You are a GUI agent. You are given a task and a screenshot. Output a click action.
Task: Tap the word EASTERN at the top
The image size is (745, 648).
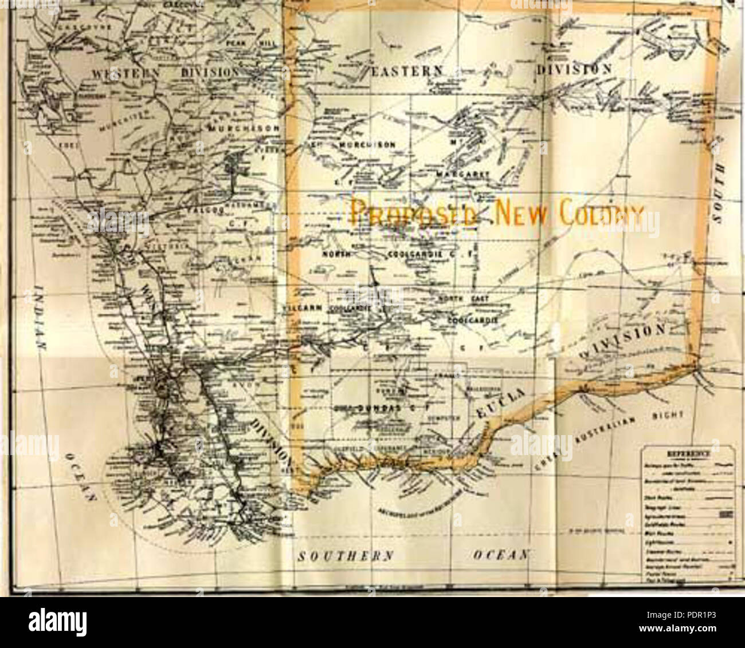coord(407,70)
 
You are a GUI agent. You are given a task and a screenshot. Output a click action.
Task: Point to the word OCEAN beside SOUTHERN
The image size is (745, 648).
coord(495,555)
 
